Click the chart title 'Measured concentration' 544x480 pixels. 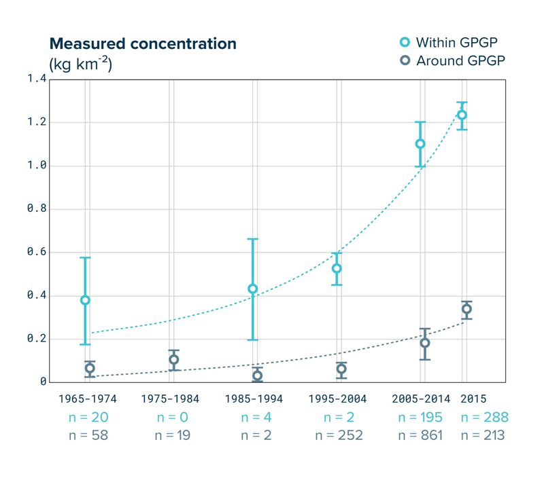point(143,44)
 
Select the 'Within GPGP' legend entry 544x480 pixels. point(453,43)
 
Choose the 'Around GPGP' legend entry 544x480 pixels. point(453,61)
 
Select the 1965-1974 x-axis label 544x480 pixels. point(86,399)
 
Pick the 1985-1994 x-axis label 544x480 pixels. point(254,399)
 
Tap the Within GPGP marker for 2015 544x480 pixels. point(462,115)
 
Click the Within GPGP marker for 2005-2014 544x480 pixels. point(420,143)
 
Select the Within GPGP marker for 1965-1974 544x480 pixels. point(85,300)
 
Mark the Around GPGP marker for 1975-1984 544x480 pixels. point(174,360)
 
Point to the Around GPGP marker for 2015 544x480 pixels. point(466,309)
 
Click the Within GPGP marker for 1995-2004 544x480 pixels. point(336,268)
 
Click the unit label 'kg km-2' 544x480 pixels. point(80,64)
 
